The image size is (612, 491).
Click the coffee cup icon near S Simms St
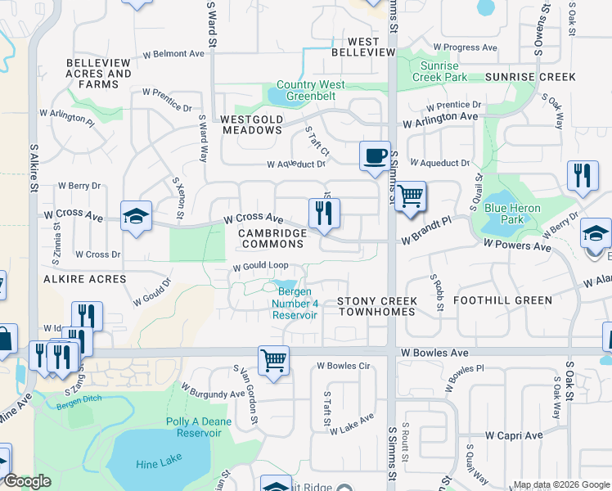coord(376,155)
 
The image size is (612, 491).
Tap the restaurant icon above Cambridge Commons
coord(324,213)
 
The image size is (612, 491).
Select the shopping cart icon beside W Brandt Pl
coord(410,196)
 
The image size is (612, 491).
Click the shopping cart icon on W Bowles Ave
coord(272,359)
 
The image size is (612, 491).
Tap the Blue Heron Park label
coord(512,214)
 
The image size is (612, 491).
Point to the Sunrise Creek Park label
coord(444,71)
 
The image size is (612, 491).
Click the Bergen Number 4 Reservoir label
coord(295,304)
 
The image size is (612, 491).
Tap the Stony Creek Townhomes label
coord(378,307)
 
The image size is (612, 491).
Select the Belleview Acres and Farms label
coord(98,74)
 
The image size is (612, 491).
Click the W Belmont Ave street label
coord(173,54)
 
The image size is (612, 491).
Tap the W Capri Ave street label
coord(514,435)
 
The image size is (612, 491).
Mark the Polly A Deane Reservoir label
coord(200,427)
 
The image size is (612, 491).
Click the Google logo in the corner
coord(27,481)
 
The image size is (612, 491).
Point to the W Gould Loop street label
coord(261,266)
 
